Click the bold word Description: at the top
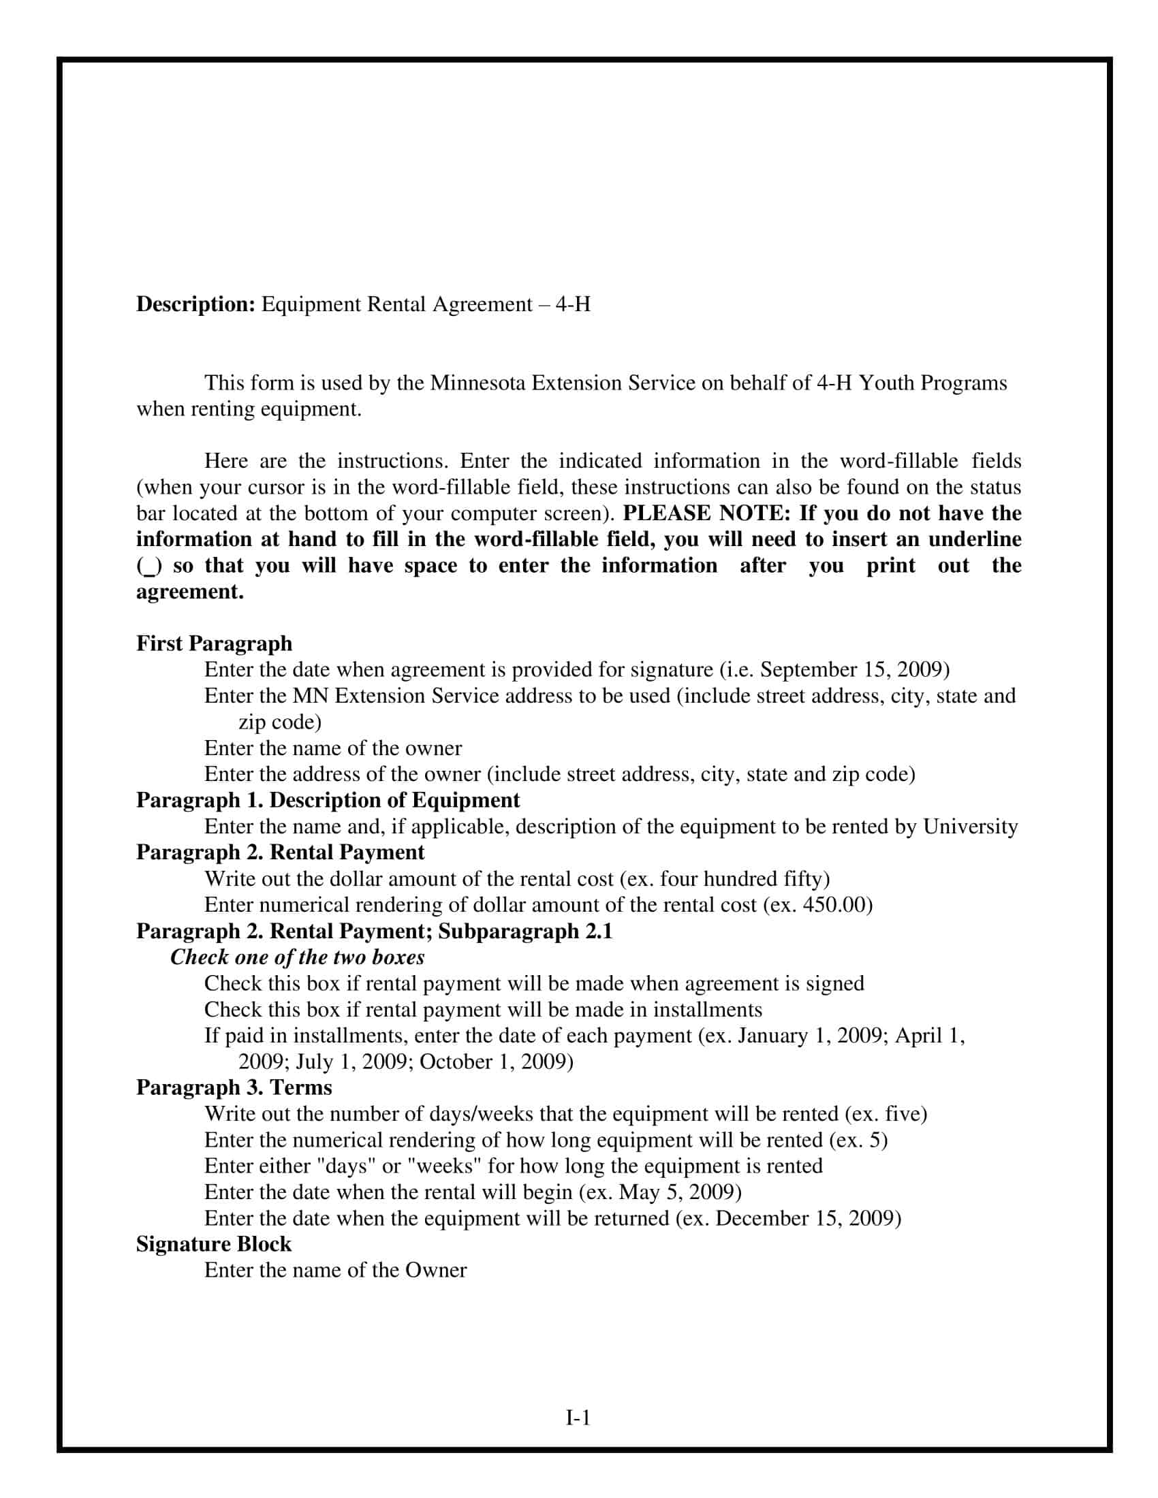(195, 304)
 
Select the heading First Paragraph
(214, 643)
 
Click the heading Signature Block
(213, 1243)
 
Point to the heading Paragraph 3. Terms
(234, 1087)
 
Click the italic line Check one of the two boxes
(297, 957)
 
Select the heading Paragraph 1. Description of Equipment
(328, 801)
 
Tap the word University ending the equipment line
(970, 827)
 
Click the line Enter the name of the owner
(332, 748)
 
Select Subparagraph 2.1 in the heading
(525, 931)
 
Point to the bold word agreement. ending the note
(189, 591)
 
